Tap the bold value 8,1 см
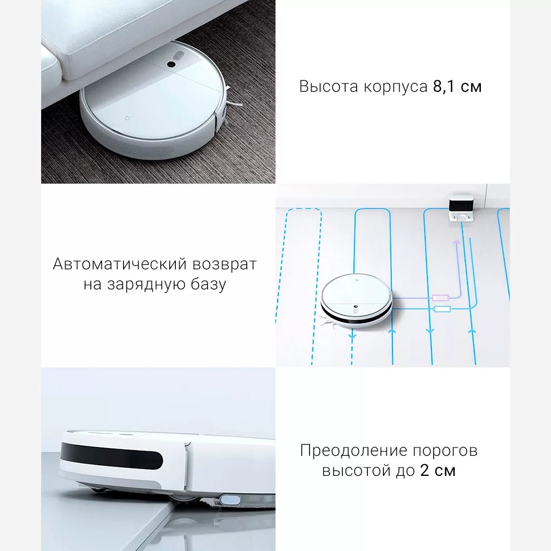[457, 87]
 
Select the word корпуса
[396, 88]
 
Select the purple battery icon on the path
[440, 298]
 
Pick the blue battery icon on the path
[443, 309]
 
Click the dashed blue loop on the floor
[299, 278]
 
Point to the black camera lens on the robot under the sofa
[171, 66]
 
